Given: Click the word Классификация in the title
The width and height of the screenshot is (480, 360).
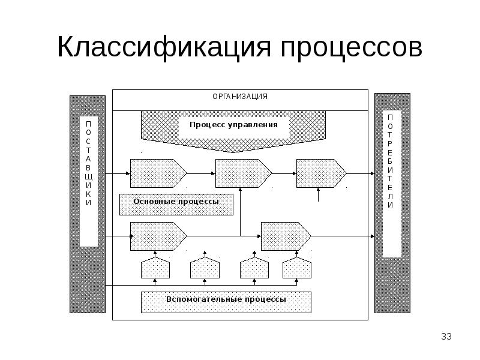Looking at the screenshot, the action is click(164, 47).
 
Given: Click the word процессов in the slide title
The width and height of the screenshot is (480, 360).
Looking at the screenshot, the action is click(352, 50).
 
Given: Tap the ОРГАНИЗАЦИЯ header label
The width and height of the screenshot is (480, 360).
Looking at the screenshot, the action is click(240, 97).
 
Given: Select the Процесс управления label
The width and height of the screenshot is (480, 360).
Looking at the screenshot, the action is click(233, 125).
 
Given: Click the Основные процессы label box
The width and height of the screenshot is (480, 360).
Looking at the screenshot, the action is click(176, 205).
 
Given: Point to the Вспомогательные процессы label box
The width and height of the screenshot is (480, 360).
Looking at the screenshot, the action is click(226, 302).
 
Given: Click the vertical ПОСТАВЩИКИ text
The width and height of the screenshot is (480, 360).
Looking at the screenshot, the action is click(88, 163).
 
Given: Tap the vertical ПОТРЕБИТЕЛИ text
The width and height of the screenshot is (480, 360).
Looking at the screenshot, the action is click(390, 161).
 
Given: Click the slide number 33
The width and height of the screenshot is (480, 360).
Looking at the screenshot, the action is click(446, 337).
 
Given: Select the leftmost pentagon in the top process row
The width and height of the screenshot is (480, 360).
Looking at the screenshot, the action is click(158, 173).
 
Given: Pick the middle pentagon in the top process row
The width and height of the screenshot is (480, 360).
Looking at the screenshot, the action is click(244, 173).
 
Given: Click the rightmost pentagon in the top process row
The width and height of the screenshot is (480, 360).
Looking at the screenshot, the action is click(322, 173).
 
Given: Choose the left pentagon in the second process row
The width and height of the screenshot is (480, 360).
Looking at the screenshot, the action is click(158, 236).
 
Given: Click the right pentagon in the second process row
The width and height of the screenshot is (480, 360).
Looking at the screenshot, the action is click(286, 236).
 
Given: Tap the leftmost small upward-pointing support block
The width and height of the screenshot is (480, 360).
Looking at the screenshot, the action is click(155, 268).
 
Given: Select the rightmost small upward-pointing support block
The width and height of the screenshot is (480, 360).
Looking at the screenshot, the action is click(296, 268).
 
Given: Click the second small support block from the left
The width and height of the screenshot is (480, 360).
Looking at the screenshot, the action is click(205, 268).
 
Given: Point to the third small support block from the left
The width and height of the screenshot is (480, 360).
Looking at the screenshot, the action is click(254, 268).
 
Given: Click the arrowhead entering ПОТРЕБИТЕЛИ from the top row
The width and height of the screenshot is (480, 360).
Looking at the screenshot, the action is click(373, 173).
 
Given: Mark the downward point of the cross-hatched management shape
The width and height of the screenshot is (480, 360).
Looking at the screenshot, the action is click(233, 152).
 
